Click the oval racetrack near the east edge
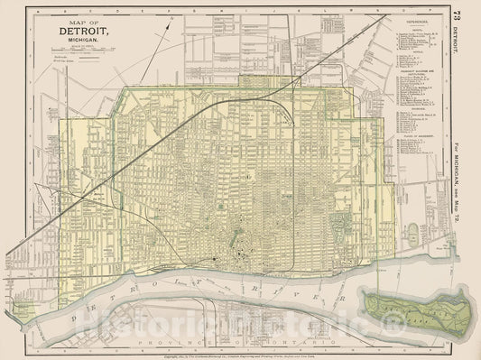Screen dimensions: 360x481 415,231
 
